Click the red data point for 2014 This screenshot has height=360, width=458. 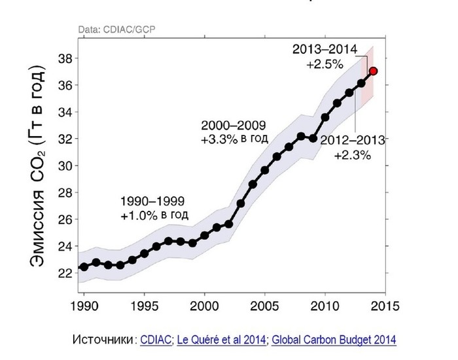pos(373,71)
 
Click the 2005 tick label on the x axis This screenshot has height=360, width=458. pos(265,306)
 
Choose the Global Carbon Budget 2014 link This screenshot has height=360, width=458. pos(334,340)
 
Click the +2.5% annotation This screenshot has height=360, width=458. pos(323,65)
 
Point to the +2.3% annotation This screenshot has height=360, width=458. pos(353,155)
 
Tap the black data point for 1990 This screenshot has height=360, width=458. pos(84,266)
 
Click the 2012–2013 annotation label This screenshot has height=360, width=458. pos(353,139)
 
